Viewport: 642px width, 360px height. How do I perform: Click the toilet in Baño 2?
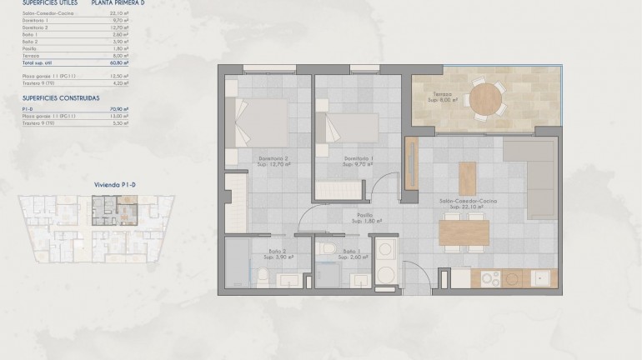(x=263, y=275)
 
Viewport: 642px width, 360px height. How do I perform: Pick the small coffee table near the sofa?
(x=466, y=177)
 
